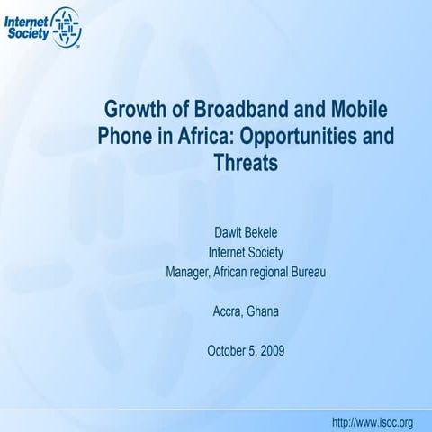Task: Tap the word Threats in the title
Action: [246, 166]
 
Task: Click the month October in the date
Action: [228, 350]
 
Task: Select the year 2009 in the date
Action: [271, 350]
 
